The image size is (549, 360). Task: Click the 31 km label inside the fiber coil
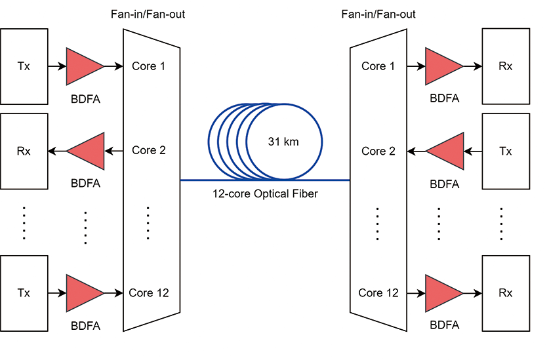(x=283, y=142)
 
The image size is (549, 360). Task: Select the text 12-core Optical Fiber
(x=265, y=194)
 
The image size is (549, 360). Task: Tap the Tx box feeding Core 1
(x=24, y=66)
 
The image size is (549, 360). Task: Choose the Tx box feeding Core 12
(x=24, y=292)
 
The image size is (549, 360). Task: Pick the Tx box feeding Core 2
(x=505, y=151)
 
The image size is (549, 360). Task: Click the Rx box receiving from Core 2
(x=24, y=151)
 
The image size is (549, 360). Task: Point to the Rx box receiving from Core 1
(x=505, y=66)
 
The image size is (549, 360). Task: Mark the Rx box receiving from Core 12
(x=505, y=292)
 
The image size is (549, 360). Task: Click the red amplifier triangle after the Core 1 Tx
(x=83, y=66)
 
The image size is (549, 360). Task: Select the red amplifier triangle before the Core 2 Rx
(x=87, y=151)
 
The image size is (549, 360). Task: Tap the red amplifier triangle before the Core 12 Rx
(x=443, y=292)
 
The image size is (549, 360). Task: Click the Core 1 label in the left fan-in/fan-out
(x=149, y=66)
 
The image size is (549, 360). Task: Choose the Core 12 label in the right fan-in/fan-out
(x=378, y=292)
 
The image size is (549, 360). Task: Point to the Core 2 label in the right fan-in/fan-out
(x=378, y=151)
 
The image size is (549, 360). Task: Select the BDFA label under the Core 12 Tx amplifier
(x=85, y=325)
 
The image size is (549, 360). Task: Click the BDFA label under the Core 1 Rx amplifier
(x=445, y=99)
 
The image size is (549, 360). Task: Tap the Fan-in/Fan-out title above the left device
(x=148, y=14)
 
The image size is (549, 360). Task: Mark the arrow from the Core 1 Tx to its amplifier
(x=57, y=66)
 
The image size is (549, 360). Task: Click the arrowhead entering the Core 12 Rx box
(x=478, y=292)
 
